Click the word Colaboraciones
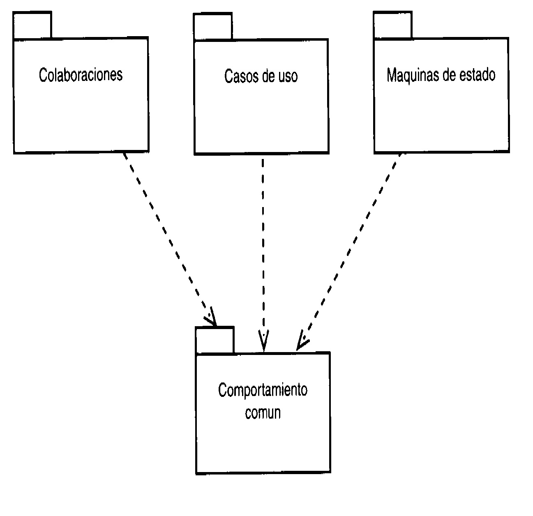81,75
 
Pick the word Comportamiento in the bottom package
263,390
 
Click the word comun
263,412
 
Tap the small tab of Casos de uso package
212,27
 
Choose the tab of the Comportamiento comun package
215,340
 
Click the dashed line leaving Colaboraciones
164,230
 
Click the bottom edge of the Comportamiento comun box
263,472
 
